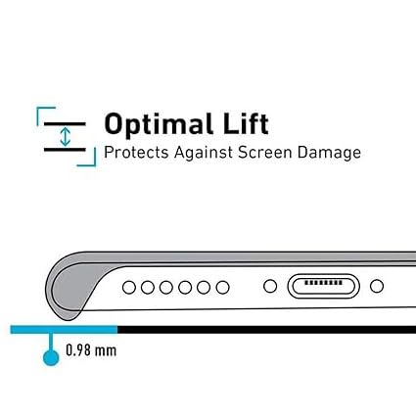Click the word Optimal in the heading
tap(159, 124)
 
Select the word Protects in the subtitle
tap(136, 153)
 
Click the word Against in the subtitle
tap(203, 153)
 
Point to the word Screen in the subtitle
tap(264, 153)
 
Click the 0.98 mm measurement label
tap(91, 350)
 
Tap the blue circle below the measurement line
tap(51, 357)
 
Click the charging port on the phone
tap(323, 286)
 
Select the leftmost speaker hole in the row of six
tap(129, 288)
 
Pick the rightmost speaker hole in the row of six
tap(222, 288)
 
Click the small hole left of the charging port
tap(270, 286)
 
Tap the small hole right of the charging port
tap(377, 286)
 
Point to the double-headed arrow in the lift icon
tap(66, 137)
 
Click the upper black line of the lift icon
tap(65, 124)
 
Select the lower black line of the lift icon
tap(65, 150)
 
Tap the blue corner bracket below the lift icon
tap(95, 164)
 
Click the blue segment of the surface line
tap(64, 330)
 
